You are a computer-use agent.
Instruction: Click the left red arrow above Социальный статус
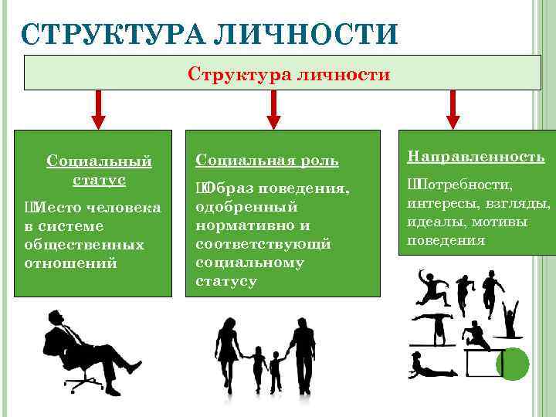[x=99, y=110]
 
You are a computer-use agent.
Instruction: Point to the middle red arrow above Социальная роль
[x=272, y=110]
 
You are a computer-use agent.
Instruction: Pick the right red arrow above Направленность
[x=453, y=110]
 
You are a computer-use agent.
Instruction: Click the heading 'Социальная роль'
[x=266, y=160]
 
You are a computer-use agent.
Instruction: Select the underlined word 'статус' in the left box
[x=99, y=179]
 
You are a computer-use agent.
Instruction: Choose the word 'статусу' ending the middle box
[x=226, y=281]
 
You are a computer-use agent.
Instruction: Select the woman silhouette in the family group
[x=227, y=351]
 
